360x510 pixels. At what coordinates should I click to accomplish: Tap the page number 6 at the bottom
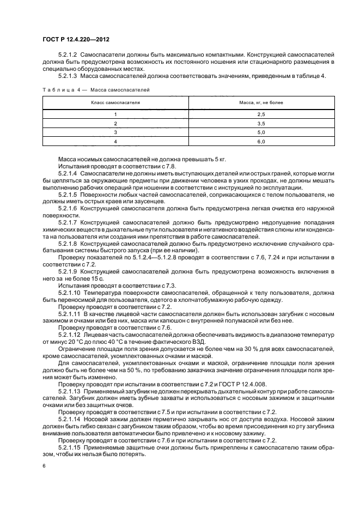(x=44, y=466)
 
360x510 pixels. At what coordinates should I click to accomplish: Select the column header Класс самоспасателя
(x=115, y=102)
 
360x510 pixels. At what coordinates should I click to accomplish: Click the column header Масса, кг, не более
(x=260, y=102)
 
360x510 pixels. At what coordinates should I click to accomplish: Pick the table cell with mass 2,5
(x=260, y=114)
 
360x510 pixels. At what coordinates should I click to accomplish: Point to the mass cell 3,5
(x=260, y=124)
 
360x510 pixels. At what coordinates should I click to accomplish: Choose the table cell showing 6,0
(x=260, y=142)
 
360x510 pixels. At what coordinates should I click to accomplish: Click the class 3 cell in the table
(x=115, y=132)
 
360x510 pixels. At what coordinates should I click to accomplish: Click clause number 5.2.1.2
(x=69, y=56)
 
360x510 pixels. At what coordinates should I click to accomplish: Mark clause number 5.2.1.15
(x=70, y=447)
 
